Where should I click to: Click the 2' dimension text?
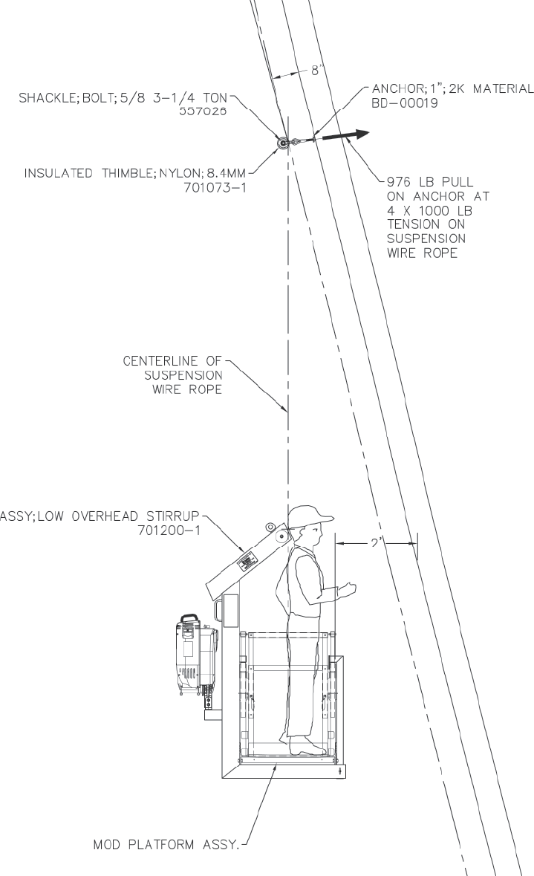point(374,543)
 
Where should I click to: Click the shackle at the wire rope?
point(284,143)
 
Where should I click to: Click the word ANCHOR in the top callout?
point(392,88)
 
